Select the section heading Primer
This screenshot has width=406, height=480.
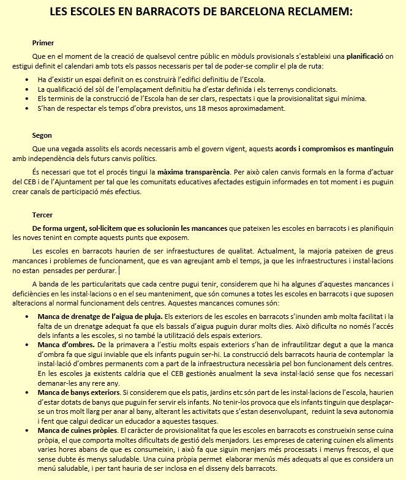coord(43,43)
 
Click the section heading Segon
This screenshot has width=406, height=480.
coord(42,135)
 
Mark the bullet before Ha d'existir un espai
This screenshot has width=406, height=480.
coord(27,80)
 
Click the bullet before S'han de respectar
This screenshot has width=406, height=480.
coord(27,108)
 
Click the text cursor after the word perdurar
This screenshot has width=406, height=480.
coord(119,270)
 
